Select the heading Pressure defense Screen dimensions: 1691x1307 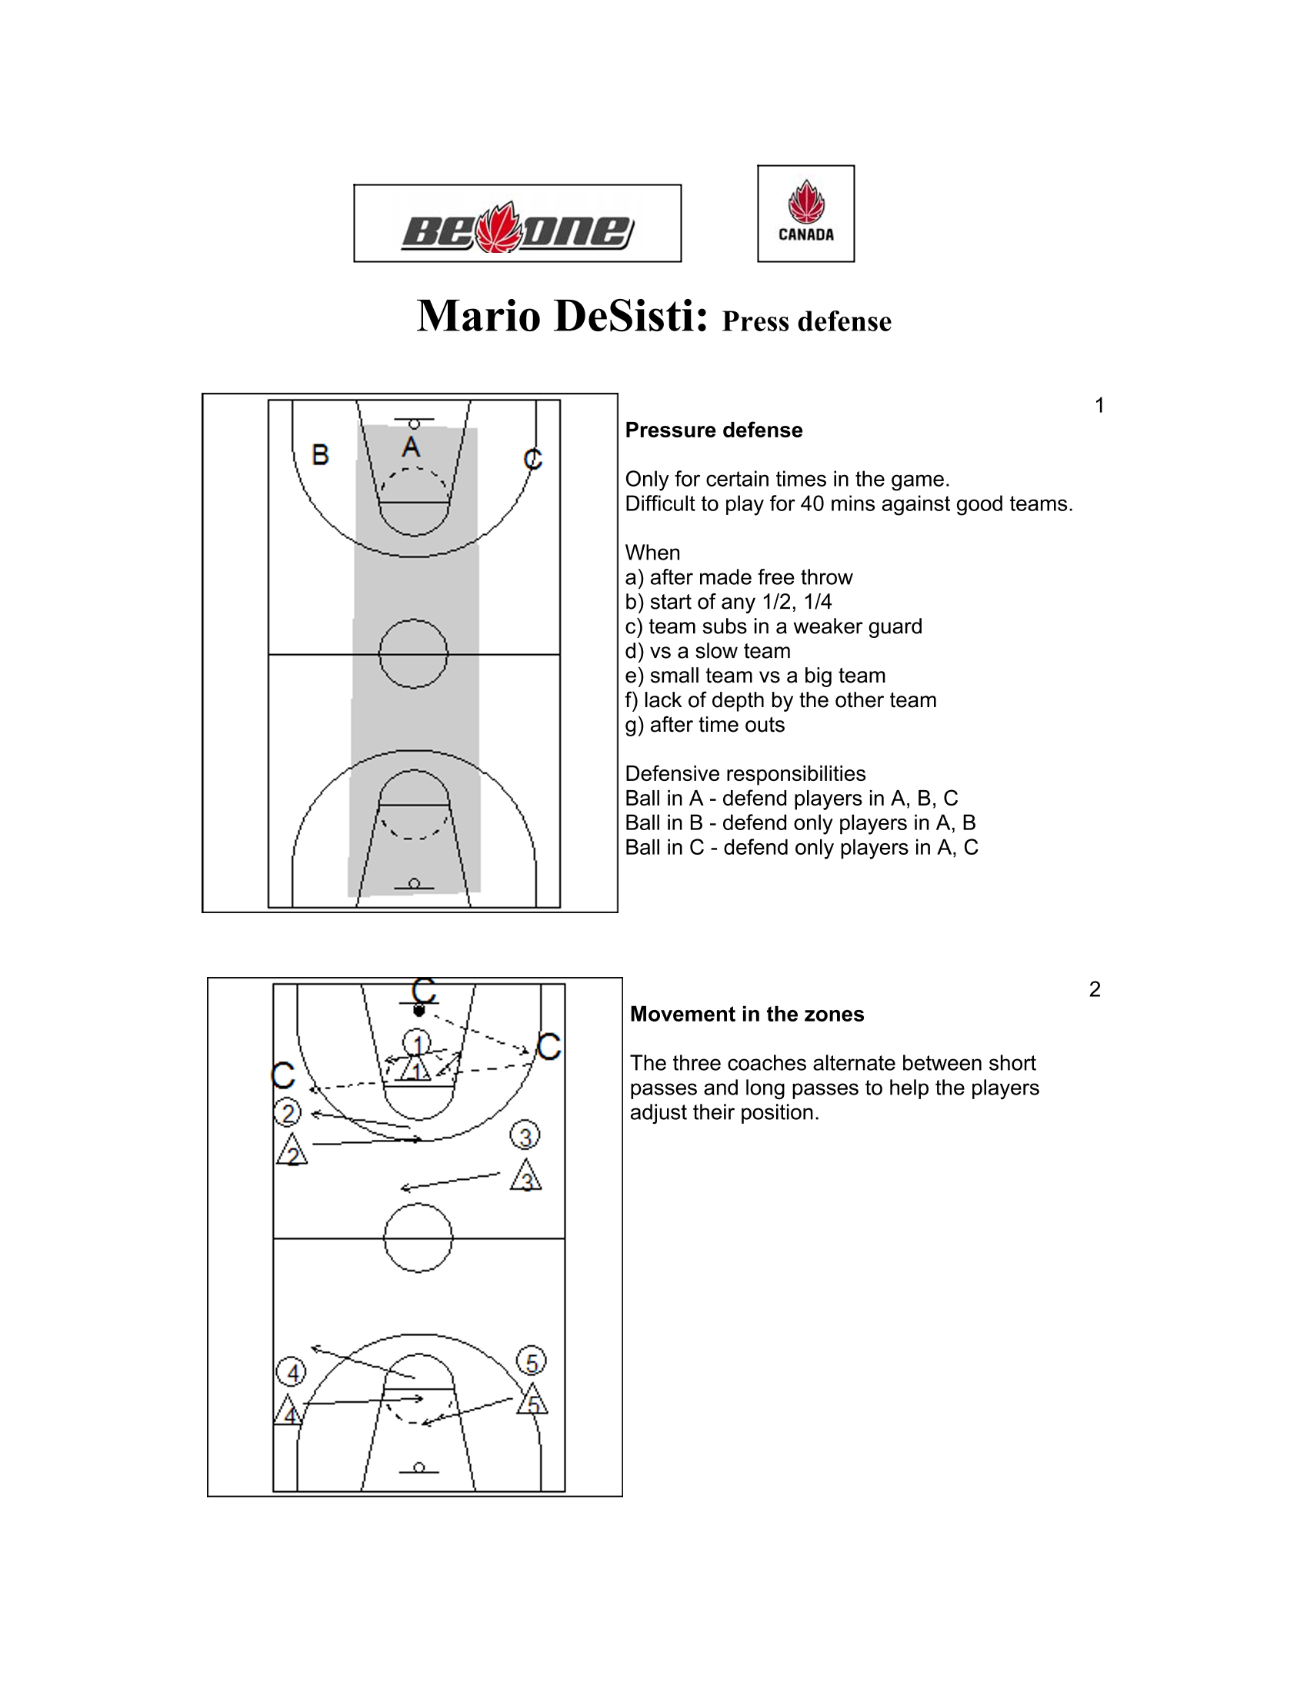coord(714,430)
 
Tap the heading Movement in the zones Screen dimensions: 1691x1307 coord(747,1015)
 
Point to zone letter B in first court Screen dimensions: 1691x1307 coord(320,454)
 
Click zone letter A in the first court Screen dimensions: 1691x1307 coord(412,447)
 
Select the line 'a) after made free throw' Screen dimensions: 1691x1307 coord(739,577)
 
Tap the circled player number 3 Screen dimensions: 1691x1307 coord(525,1136)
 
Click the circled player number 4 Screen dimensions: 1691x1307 coord(292,1373)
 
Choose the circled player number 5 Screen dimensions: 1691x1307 coord(532,1362)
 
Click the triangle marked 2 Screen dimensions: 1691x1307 coord(292,1151)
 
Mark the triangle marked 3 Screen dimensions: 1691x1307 coord(526,1176)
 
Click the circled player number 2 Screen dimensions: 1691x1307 coord(288,1114)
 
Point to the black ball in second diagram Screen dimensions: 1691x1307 coord(419,1012)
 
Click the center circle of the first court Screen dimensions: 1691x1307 coord(414,654)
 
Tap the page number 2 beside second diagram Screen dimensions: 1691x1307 coord(1095,989)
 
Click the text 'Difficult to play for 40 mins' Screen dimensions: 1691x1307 coord(849,504)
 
